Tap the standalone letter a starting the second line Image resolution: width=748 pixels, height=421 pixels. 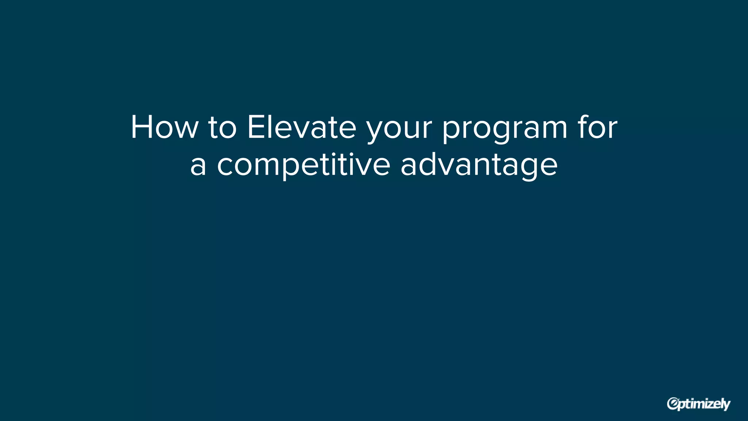198,166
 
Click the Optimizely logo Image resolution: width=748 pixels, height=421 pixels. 698,404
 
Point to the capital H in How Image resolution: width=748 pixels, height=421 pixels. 142,127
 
